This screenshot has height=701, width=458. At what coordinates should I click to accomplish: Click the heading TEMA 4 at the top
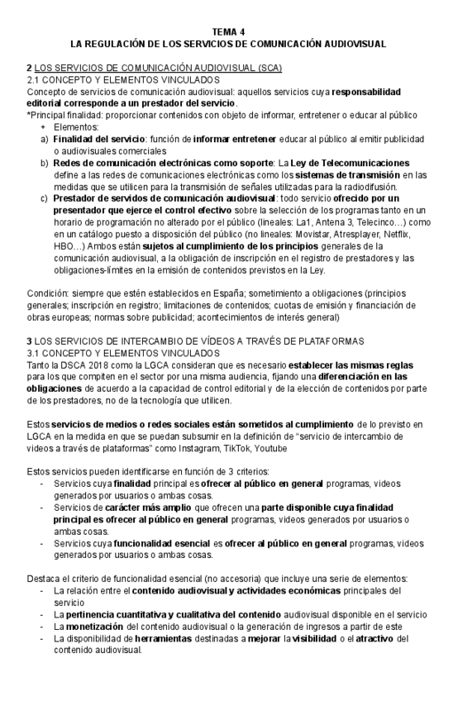point(228,29)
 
